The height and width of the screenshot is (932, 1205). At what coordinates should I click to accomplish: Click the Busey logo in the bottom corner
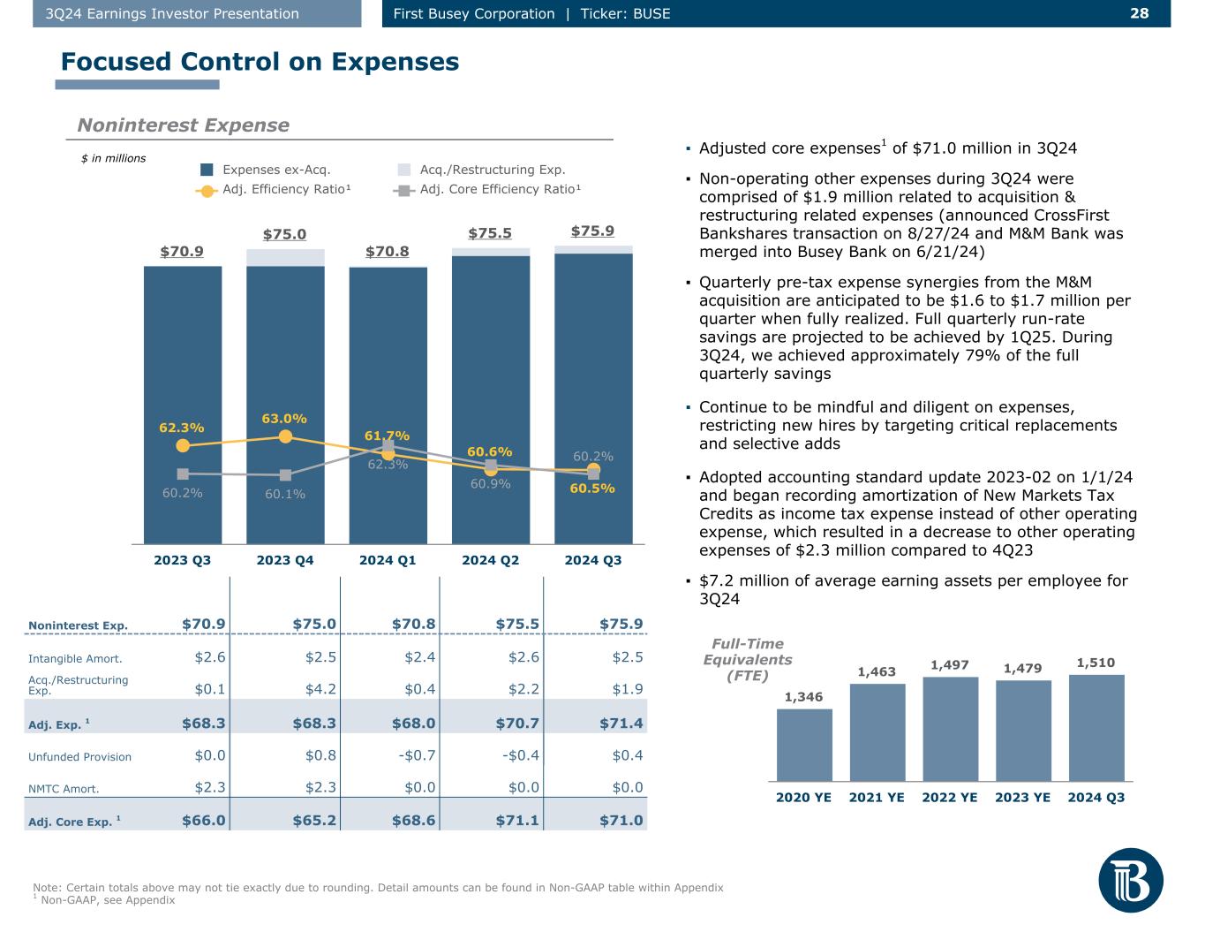pos(1131,880)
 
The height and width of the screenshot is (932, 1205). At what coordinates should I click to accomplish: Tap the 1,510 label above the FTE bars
pos(1096,663)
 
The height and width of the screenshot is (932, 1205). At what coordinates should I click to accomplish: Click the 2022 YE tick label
pos(950,797)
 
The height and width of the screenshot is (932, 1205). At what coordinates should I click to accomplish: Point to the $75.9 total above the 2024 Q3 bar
pos(592,231)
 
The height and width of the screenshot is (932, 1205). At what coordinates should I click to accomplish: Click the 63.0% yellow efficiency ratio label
pos(284,418)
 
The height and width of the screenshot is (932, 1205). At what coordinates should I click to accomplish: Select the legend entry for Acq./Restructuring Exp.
pos(492,170)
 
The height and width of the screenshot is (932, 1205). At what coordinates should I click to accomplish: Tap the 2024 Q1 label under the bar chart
pos(388,560)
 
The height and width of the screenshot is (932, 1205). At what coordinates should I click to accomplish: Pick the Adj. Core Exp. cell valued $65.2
pos(314,821)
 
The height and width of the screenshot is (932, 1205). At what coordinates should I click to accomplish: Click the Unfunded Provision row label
pos(79,757)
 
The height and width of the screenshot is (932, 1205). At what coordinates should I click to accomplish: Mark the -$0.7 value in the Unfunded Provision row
pos(415,755)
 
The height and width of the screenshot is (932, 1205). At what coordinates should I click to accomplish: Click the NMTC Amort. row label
pos(64,789)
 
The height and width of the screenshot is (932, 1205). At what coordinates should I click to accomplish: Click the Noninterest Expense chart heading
pos(183,125)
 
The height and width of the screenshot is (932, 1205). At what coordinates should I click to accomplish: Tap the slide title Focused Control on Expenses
pos(260,62)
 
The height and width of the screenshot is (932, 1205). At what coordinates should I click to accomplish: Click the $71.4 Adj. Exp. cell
pos(621,724)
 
